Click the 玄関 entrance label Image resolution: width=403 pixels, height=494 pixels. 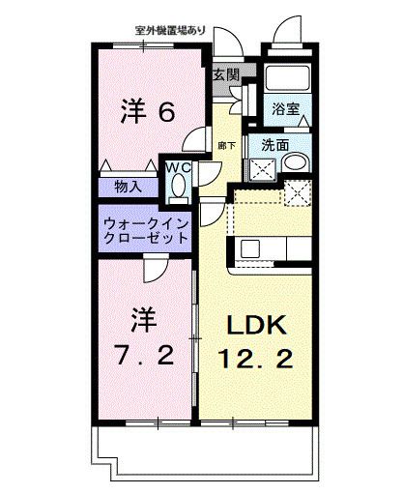tap(226, 73)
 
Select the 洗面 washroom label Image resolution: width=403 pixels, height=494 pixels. tap(275, 146)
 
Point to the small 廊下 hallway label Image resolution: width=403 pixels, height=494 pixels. tap(223, 146)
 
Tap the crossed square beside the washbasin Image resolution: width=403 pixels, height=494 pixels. tap(259, 168)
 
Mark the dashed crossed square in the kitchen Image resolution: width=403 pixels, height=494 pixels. tap(297, 193)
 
